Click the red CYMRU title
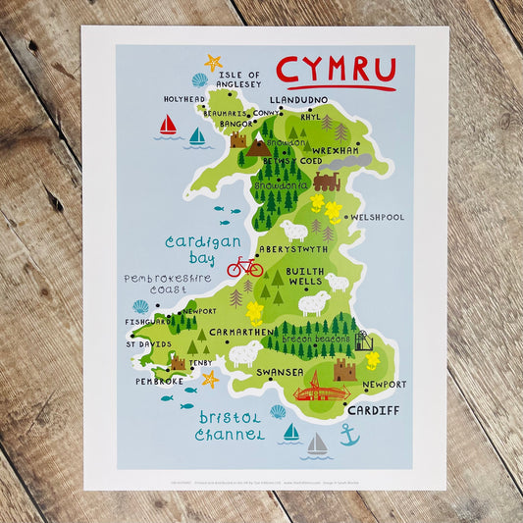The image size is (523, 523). (x=336, y=70)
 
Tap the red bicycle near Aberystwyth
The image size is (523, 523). (x=244, y=266)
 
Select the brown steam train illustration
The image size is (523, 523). (x=327, y=182)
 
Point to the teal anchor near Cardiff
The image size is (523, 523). (x=349, y=435)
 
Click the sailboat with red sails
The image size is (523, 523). (x=168, y=126)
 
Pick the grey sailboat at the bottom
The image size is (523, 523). (x=316, y=445)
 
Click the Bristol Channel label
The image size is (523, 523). (x=229, y=426)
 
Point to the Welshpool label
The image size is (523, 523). (x=379, y=217)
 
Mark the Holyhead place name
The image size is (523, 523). (x=184, y=99)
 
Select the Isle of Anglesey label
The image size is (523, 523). (x=240, y=79)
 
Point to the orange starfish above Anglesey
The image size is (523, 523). (x=212, y=64)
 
